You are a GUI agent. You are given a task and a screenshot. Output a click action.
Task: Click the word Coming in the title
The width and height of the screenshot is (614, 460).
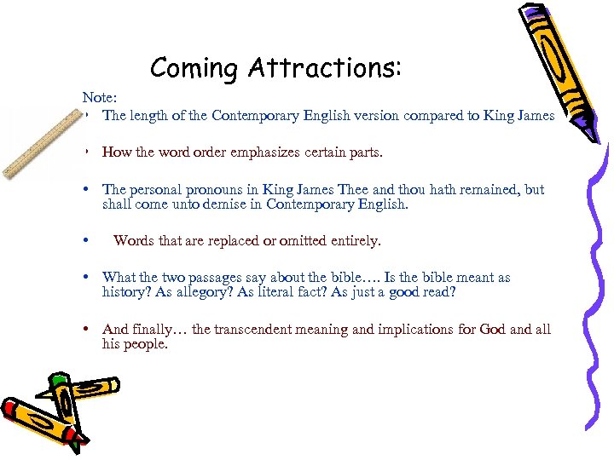194,67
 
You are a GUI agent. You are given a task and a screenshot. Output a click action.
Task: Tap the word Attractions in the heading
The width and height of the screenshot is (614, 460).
321,67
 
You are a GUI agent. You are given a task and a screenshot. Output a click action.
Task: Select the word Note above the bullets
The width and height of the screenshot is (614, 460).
96,99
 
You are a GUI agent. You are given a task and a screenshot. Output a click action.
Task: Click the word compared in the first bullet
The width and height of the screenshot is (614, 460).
419,116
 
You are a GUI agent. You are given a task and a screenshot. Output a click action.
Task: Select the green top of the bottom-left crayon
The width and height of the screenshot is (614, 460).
58,380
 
